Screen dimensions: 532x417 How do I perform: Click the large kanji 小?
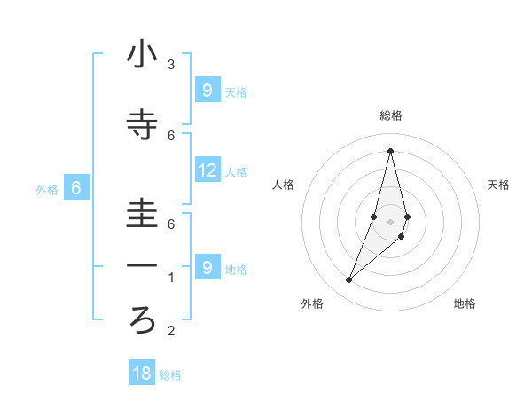pos(143,55)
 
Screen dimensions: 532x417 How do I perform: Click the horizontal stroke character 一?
pos(143,265)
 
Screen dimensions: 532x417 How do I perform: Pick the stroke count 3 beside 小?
pos(171,65)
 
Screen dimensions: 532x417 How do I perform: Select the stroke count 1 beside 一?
pos(171,278)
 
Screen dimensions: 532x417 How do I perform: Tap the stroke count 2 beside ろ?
pos(171,332)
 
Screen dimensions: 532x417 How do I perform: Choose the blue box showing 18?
pos(142,374)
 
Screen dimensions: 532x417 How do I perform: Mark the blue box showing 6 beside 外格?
pos(76,188)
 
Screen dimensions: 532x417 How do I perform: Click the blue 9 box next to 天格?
pos(207,90)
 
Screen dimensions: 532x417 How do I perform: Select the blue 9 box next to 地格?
pos(207,267)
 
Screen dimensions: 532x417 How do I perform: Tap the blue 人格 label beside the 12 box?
pos(236,171)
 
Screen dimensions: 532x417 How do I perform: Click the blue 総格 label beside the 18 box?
pos(170,375)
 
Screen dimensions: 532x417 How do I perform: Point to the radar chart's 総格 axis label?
pos(390,115)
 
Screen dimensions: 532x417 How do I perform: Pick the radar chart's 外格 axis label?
pos(312,303)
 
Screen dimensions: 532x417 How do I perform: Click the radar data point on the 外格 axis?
pos(349,280)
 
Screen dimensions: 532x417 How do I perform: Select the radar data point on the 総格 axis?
pos(390,150)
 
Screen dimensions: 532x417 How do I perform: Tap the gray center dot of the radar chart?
pos(390,221)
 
